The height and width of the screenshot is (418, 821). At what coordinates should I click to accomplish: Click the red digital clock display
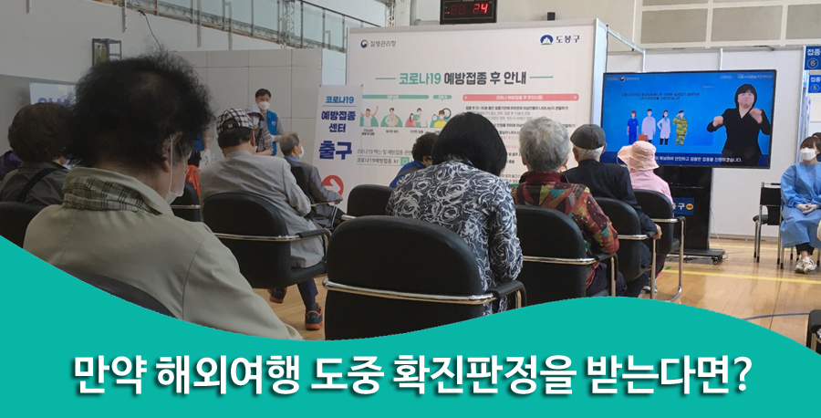[x=468, y=10]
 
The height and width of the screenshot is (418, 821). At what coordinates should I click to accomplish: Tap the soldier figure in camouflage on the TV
[x=679, y=128]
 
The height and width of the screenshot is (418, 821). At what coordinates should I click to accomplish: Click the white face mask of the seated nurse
[x=806, y=155]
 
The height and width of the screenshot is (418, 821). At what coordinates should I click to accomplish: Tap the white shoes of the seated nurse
[x=805, y=264]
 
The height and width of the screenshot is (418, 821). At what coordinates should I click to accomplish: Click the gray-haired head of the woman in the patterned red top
[x=545, y=144]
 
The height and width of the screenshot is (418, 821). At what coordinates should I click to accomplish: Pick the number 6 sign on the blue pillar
[x=811, y=64]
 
